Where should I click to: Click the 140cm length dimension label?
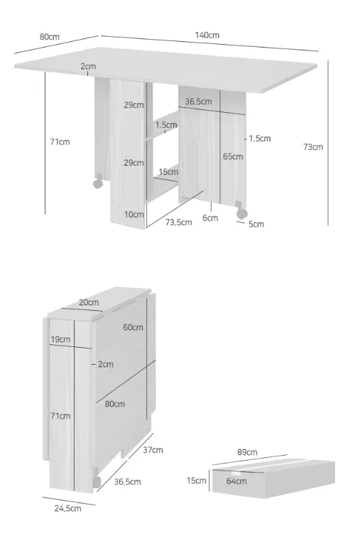(x=207, y=35)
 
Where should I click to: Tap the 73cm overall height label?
(x=313, y=147)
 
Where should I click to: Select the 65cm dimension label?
(x=233, y=156)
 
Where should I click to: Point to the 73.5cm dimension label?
(x=178, y=222)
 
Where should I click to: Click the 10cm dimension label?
(x=133, y=214)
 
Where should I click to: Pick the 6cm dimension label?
(x=210, y=217)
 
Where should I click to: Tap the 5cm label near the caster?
(x=256, y=224)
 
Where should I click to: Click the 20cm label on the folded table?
(x=89, y=302)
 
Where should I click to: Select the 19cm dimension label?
(x=60, y=339)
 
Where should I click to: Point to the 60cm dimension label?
(x=133, y=327)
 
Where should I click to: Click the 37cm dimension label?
(x=153, y=450)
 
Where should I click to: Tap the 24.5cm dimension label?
(x=67, y=508)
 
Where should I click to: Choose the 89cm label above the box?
(x=247, y=452)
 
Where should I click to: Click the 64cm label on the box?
(x=236, y=481)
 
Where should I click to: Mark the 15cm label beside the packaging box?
(x=196, y=481)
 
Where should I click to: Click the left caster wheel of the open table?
(x=98, y=183)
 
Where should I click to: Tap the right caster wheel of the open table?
(x=241, y=213)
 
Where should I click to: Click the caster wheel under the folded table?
(x=97, y=481)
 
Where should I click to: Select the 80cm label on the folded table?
(x=114, y=404)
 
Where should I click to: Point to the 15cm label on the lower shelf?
(x=168, y=172)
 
